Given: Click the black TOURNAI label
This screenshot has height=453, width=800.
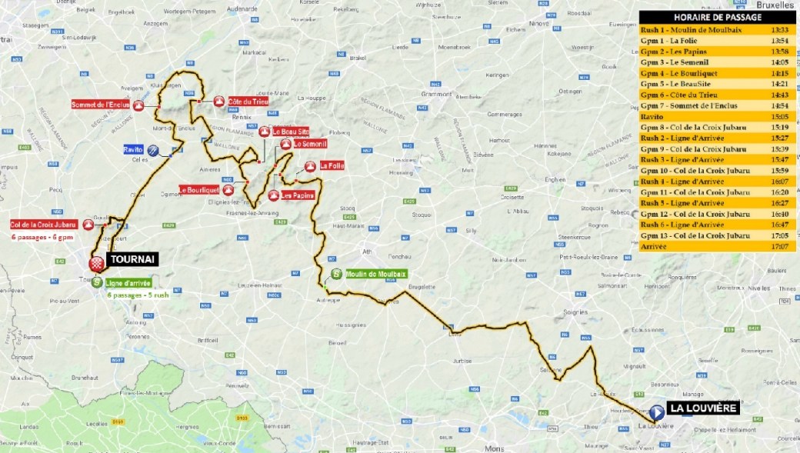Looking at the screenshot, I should click(x=133, y=259).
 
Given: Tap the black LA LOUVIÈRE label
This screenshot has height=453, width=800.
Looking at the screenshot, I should click(x=702, y=408).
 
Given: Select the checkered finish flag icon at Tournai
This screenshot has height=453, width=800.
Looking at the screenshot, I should click(x=97, y=264).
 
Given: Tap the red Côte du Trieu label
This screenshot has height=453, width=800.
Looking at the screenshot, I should click(x=248, y=101).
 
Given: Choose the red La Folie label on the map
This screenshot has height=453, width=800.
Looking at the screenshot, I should click(x=332, y=165).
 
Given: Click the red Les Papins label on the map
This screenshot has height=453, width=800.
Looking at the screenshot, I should click(x=298, y=195).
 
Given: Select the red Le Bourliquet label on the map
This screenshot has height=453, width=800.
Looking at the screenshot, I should click(x=199, y=189).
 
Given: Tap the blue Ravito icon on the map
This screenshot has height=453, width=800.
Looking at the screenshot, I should click(x=154, y=151).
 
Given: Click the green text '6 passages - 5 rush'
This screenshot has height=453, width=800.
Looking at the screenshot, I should click(x=139, y=295).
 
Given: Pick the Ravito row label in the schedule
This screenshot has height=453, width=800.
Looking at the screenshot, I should click(x=652, y=116).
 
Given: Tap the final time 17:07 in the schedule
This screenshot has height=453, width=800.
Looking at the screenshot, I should click(x=778, y=246).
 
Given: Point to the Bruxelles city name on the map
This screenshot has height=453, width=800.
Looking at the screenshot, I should click(x=780, y=4).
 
